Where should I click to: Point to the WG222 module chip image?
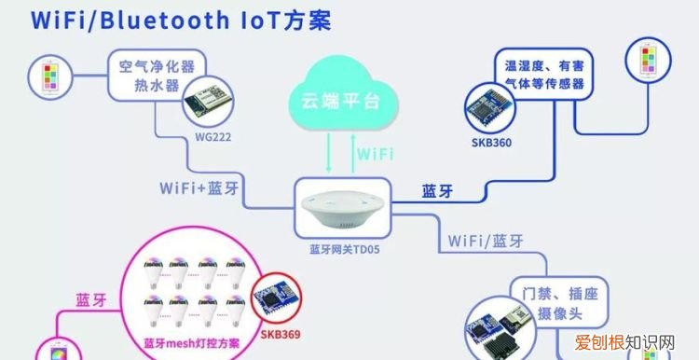pyautogui.click(x=210, y=102)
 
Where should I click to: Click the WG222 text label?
pyautogui.click(x=212, y=136)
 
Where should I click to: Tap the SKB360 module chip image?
pyautogui.click(x=491, y=112)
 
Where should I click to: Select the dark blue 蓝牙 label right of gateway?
pyautogui.click(x=437, y=190)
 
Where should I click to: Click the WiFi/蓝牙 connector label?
pyautogui.click(x=485, y=241)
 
